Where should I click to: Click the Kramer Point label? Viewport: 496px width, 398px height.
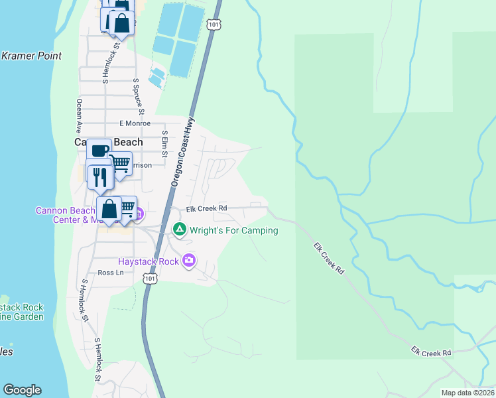coord(31,56)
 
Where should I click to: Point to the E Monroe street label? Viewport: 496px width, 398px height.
coord(135,123)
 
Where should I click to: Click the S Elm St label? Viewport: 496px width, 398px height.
coord(164,144)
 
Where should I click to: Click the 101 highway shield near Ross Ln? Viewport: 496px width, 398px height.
coord(150,280)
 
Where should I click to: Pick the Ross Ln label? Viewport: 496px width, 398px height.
coord(111,272)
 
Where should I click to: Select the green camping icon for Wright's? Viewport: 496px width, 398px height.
coord(179,230)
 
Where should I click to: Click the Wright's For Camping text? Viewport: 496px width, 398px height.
coord(233,230)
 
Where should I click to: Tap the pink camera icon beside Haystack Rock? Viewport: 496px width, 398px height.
coord(190,261)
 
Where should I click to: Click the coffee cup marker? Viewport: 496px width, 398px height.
coord(99,151)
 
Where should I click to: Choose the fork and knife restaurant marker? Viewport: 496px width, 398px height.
coord(99,176)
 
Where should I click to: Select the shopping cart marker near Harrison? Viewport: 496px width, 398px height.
coord(119,163)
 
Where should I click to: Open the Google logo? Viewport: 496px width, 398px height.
coord(22,390)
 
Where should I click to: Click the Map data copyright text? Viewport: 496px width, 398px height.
coord(468,393)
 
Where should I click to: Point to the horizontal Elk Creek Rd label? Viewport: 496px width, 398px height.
coord(206,208)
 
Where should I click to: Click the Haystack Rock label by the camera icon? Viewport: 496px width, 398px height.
coord(149,261)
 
